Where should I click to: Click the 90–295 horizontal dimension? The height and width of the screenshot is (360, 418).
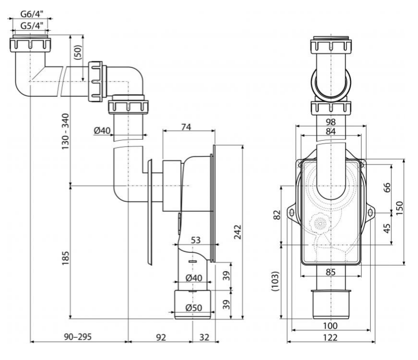tap(78, 336)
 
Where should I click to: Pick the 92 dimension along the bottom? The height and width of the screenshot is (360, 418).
tap(160, 336)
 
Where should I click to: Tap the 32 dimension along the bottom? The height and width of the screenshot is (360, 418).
tap(204, 336)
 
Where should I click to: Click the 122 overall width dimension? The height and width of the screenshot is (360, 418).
tap(330, 337)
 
